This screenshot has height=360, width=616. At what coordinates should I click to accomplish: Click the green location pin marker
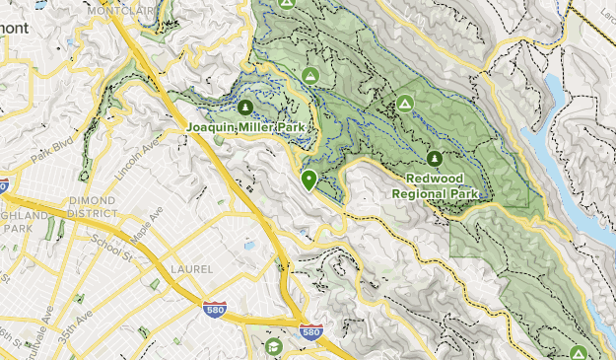[309, 180]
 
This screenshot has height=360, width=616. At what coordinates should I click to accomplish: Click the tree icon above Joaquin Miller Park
[244, 107]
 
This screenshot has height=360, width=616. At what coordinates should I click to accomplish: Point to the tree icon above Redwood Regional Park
[435, 158]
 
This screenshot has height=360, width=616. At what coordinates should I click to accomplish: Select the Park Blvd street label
[52, 155]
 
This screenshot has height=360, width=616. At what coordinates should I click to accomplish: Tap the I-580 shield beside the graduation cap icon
[310, 333]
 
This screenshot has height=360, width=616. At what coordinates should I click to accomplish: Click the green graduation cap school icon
[273, 346]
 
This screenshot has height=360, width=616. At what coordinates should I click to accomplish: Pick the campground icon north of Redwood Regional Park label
[404, 103]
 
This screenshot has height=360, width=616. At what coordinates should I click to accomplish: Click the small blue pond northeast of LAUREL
[249, 244]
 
